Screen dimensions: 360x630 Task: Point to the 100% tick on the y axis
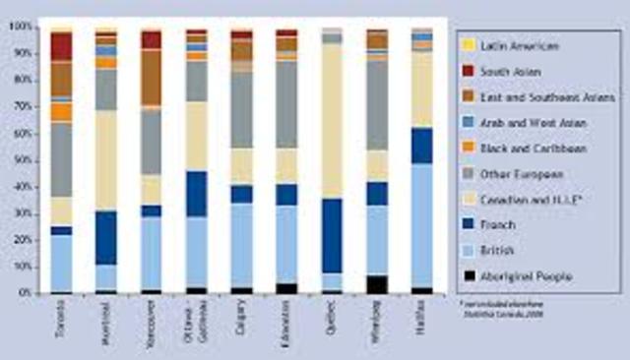[x=20, y=28]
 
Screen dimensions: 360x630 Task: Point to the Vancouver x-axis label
[x=152, y=315]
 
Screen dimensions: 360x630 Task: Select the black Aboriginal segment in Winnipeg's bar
[x=378, y=284]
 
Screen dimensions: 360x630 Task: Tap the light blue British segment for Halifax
[x=423, y=226]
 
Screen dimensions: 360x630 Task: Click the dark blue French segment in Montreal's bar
[x=106, y=237]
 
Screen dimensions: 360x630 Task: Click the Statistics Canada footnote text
[x=516, y=311]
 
